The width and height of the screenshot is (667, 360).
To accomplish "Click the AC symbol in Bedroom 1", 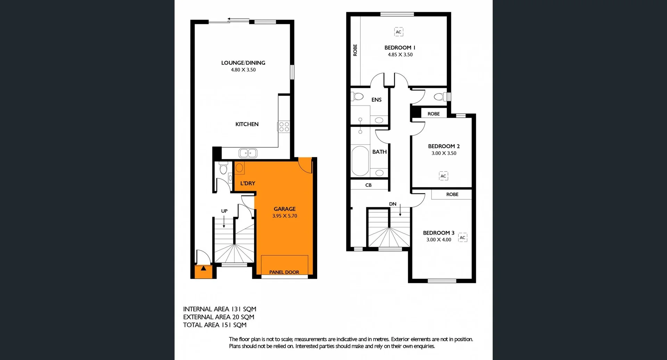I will (398, 32).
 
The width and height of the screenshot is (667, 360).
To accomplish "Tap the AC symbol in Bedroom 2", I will (443, 176).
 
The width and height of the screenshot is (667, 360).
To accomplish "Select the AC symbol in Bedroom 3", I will (462, 237).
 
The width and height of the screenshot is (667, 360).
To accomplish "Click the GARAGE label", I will (285, 209).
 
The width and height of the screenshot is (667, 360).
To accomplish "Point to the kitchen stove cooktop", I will (284, 127).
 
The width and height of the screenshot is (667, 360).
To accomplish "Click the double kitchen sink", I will (248, 153).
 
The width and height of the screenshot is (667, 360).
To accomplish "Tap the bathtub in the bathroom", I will (360, 161).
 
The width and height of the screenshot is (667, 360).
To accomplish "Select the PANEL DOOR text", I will (284, 272).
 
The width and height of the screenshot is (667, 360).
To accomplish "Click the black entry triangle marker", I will (204, 268).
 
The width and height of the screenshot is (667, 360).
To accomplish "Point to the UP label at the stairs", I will (224, 211).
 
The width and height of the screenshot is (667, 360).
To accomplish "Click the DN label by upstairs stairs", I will (393, 204).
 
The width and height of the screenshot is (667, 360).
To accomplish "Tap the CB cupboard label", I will (368, 185).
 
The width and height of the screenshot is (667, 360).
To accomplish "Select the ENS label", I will (376, 100).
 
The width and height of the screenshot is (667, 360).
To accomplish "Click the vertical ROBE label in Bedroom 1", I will (355, 50).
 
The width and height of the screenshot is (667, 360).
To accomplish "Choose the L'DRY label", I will (248, 183).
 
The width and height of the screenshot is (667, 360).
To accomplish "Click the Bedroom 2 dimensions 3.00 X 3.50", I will (444, 153).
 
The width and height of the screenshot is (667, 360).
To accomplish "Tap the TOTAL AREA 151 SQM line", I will (215, 325).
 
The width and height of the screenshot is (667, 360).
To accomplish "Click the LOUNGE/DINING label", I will (243, 63).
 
